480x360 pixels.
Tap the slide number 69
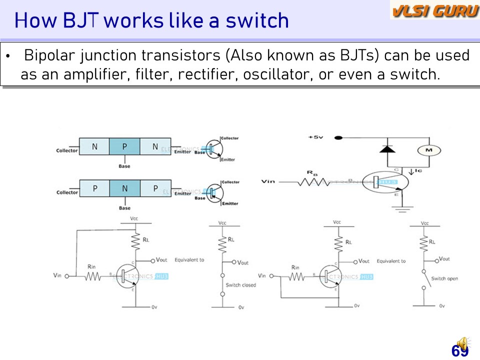click(x=459, y=351)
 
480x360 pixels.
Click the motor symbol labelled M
click(x=428, y=150)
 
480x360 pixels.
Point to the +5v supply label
click(x=316, y=137)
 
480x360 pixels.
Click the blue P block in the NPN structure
click(x=124, y=146)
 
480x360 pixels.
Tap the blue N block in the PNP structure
click(x=124, y=188)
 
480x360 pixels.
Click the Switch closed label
click(x=240, y=285)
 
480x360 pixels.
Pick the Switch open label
click(x=444, y=278)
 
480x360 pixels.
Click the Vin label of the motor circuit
click(x=268, y=181)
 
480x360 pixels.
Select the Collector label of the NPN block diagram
click(x=67, y=150)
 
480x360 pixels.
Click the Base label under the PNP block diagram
click(x=124, y=208)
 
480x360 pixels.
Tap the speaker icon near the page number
click(x=462, y=343)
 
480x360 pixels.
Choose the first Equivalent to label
click(x=189, y=260)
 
